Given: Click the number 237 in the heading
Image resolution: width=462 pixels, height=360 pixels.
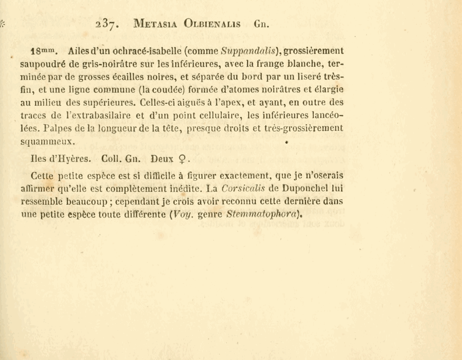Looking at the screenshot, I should click(x=107, y=24).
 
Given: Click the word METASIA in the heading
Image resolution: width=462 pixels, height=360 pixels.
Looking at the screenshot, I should click(x=156, y=24).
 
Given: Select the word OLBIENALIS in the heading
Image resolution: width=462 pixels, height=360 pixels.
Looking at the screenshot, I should click(x=214, y=24).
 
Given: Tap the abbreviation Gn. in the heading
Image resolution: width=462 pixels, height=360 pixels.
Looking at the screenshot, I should click(x=262, y=24).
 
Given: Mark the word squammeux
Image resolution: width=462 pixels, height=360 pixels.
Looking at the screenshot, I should click(x=48, y=140).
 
